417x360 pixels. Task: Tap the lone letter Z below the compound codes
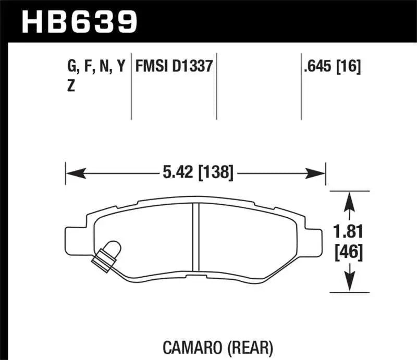[71, 87]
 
